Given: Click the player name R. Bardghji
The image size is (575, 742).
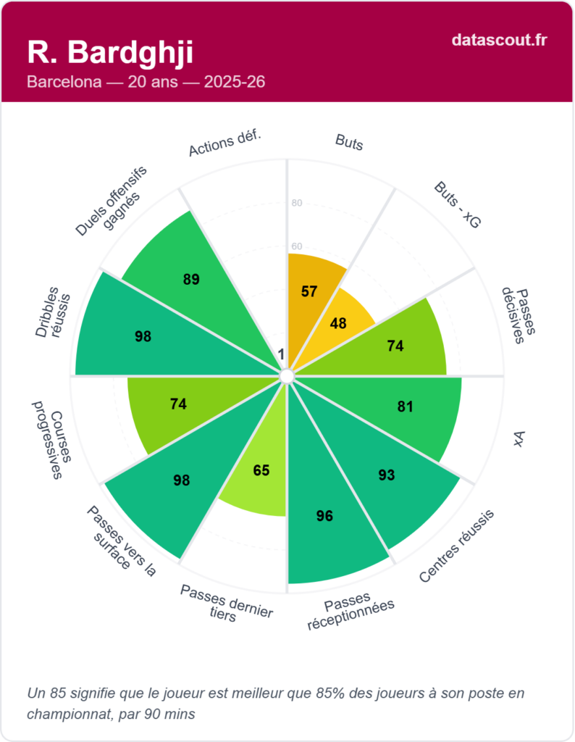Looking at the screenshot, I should coord(110,52).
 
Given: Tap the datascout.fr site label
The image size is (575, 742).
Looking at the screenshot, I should coord(499,39).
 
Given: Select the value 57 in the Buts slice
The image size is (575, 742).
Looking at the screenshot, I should coord(309,291).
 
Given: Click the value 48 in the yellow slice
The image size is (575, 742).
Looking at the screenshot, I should coord(338,323).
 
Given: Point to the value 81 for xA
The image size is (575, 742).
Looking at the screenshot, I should coord(405,407).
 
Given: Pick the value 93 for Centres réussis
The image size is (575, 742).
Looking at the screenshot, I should coord(387,475).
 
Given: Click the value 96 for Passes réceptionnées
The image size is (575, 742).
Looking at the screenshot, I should coord(324,516).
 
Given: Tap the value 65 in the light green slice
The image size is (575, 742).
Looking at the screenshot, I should coord(261,470).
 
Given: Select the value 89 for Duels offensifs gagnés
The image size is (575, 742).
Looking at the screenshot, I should coord(191,279).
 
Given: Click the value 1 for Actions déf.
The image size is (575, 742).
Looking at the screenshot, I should coord(281,354).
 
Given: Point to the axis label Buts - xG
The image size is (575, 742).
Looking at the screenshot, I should coord(457,206).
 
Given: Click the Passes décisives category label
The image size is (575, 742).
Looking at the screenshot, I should coord(519,315).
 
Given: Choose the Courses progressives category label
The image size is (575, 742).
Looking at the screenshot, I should coord(47,439).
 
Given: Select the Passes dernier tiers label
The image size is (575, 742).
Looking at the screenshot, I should coord(226,601).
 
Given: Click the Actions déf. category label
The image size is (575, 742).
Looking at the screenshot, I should coord(224,144).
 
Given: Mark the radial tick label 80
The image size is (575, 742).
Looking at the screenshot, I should coord(297,203).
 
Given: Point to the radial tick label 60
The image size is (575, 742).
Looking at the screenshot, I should coord(297,246).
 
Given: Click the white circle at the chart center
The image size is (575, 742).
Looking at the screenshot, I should coord(287,376).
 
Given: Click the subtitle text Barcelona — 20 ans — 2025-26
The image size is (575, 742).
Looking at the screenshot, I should coord(146,82).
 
